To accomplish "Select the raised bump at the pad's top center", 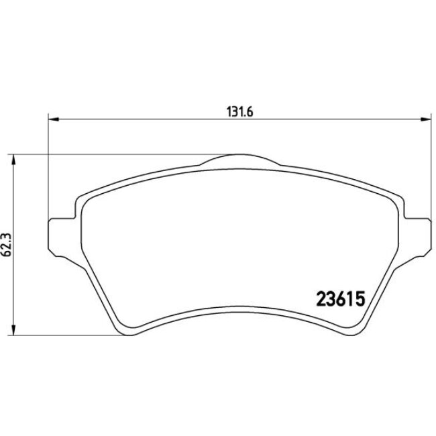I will [239, 160].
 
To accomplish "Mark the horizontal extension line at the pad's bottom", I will [67, 334].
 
